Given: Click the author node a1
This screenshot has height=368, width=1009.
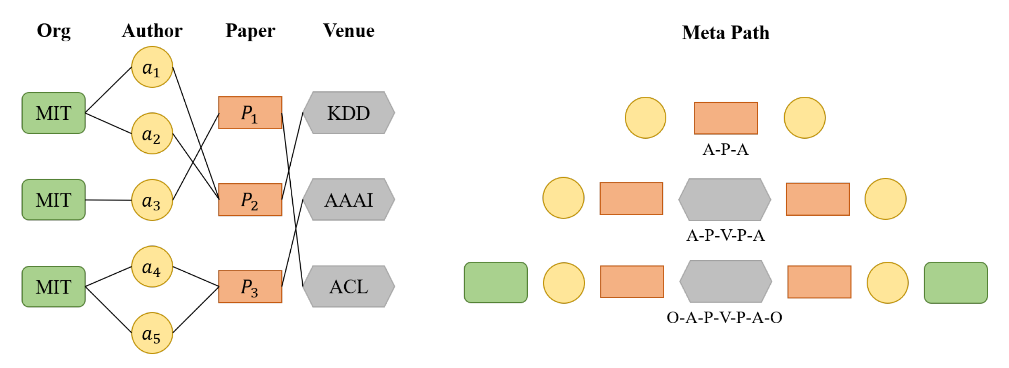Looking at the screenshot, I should (x=152, y=67).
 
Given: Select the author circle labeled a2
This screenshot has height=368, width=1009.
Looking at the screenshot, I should (x=152, y=133).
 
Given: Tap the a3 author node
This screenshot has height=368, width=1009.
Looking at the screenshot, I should (x=152, y=200).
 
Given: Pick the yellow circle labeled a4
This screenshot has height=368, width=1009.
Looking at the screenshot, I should (x=152, y=267).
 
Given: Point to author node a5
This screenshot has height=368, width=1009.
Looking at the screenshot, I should (x=152, y=333).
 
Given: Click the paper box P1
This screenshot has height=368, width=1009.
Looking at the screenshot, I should (x=250, y=113).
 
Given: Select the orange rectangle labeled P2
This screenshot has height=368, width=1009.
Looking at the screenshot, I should (x=250, y=200).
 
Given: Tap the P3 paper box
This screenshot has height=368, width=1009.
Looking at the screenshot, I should (x=250, y=286).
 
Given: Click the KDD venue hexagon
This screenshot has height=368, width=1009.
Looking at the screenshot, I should (x=348, y=113).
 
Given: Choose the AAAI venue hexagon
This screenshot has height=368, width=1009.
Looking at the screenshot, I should (x=348, y=200).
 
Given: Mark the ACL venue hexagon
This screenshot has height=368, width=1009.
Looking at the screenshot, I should (x=348, y=286).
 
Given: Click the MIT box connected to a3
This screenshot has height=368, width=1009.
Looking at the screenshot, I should (x=54, y=200).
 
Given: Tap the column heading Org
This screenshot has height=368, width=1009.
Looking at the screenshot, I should (x=54, y=31).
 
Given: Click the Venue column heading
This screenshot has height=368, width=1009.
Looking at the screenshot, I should (x=348, y=31).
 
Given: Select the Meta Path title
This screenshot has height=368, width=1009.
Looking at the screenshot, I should (x=725, y=33).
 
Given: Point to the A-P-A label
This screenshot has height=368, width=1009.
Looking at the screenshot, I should (x=725, y=149).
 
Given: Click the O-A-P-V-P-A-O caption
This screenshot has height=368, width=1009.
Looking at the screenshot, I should (x=724, y=317).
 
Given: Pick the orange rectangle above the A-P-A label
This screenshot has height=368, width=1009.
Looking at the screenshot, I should (x=726, y=118).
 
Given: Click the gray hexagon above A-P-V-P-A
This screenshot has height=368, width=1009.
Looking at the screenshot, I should (x=724, y=200).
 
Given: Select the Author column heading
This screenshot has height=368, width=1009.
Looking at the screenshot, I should (x=152, y=31).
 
